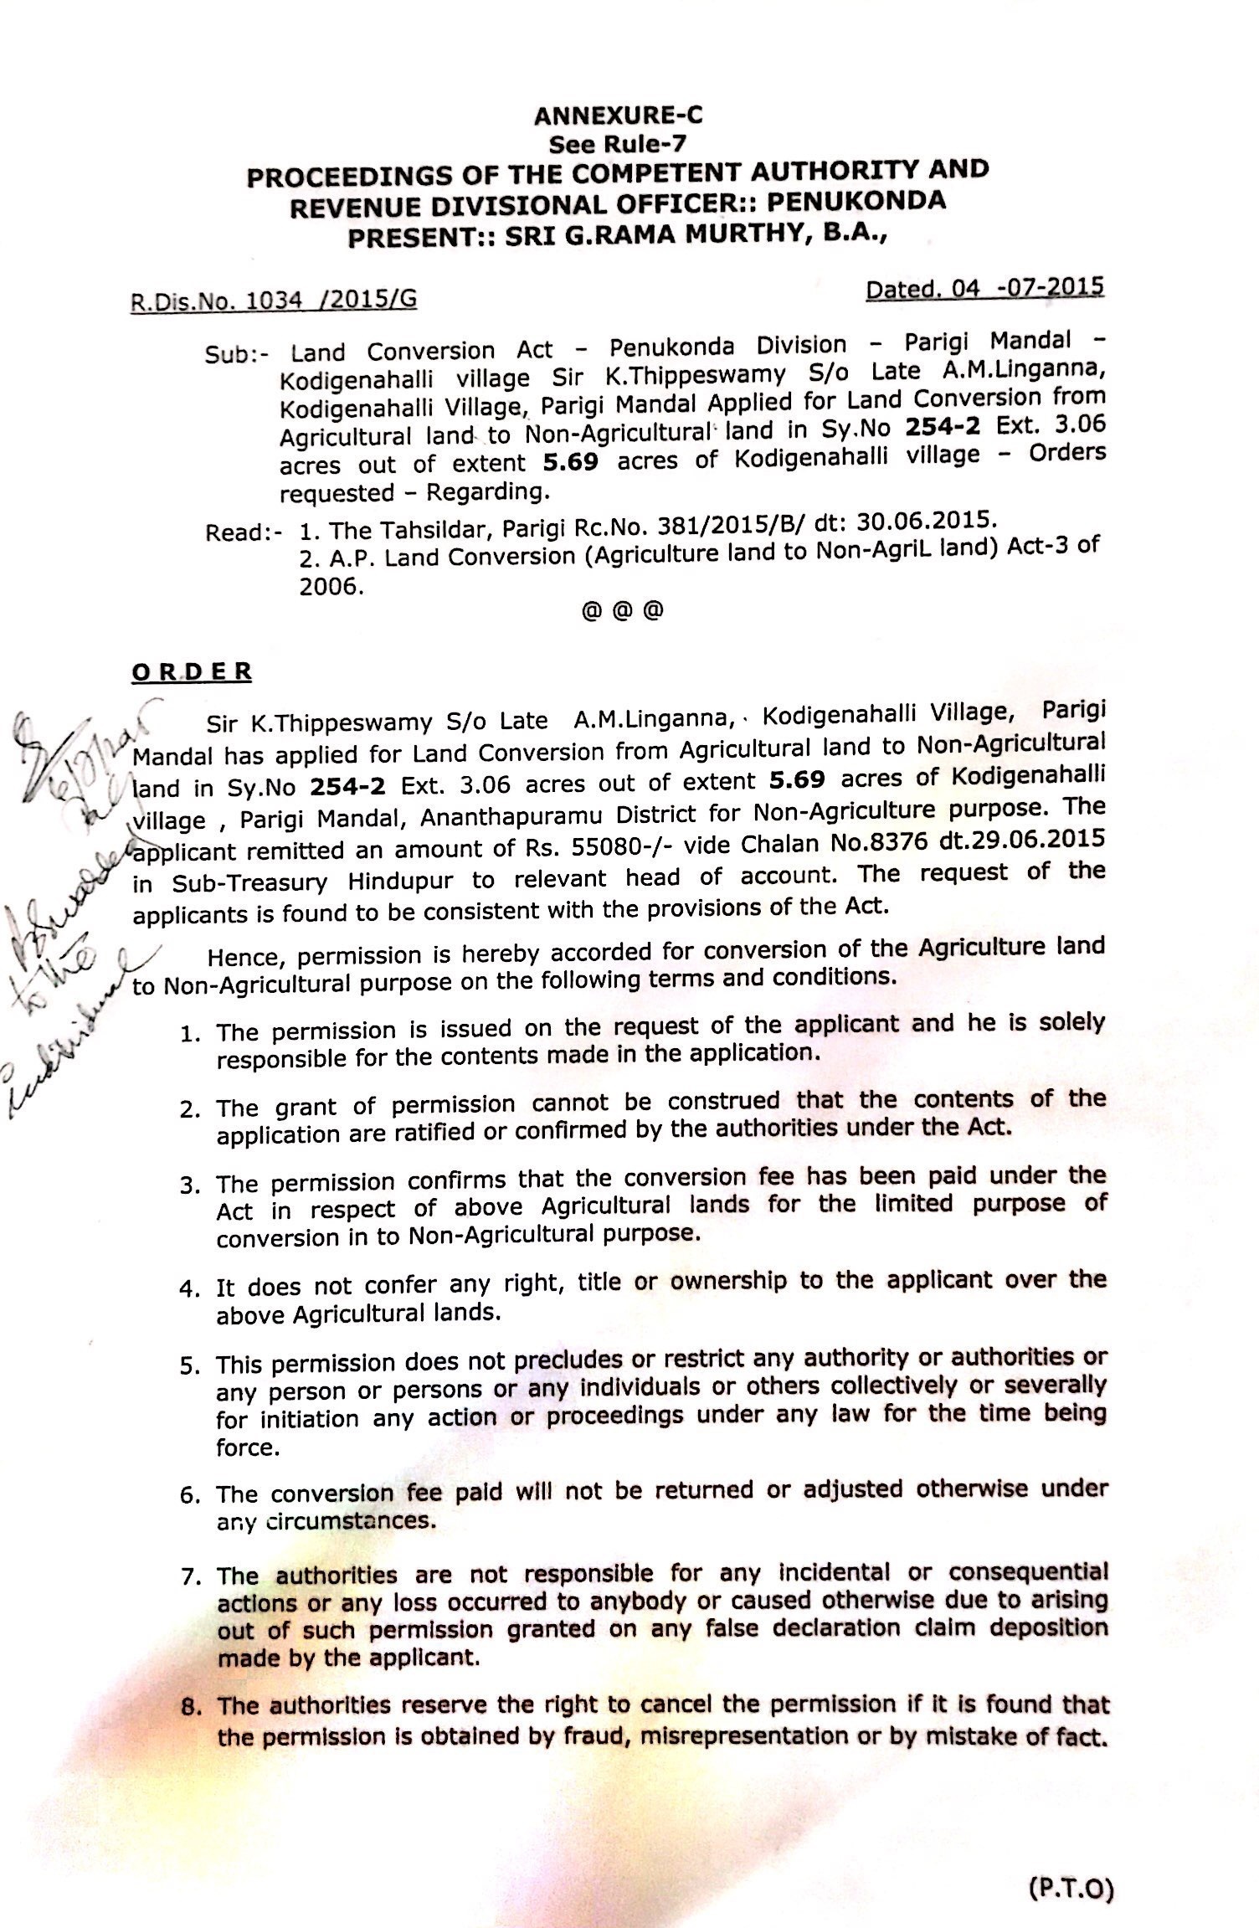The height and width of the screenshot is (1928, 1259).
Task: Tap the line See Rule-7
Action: [617, 144]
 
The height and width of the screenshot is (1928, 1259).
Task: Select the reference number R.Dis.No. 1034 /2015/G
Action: [274, 299]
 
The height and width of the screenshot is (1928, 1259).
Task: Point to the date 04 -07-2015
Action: [984, 289]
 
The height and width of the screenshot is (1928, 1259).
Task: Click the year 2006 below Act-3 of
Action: [331, 587]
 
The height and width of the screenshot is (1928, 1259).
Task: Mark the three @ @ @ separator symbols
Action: [621, 610]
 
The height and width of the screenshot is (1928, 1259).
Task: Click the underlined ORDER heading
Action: [192, 672]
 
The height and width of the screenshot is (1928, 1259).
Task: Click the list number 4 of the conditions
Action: [188, 1288]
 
